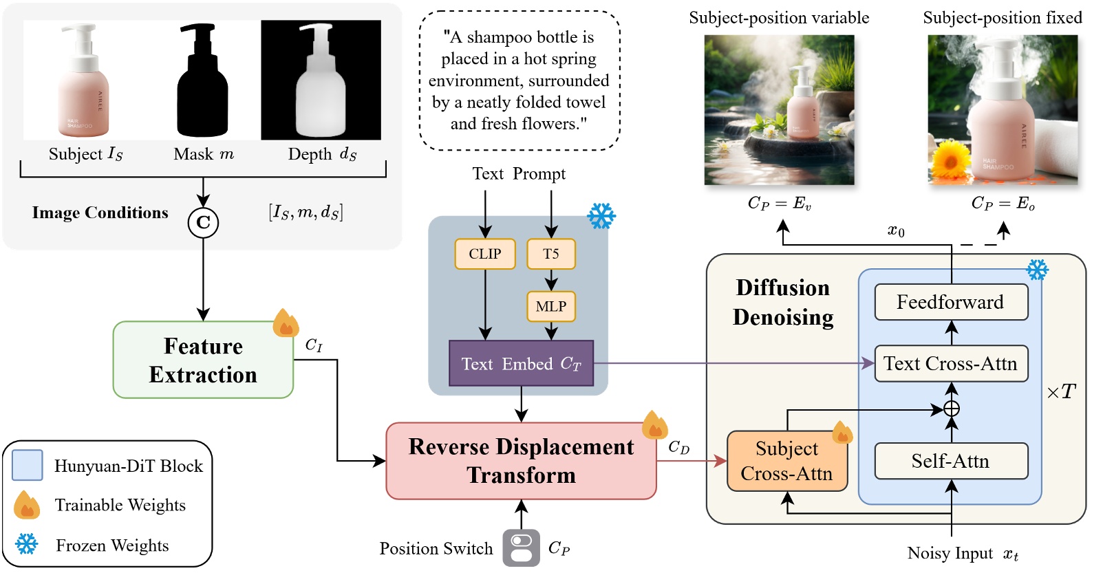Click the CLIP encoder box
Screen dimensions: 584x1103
pos(484,254)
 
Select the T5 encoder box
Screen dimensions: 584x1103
pos(550,254)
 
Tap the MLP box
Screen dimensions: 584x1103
pos(550,306)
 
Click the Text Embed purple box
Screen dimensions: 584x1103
pos(521,363)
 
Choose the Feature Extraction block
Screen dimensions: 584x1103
pos(203,360)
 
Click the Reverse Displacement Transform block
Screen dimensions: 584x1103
pos(521,461)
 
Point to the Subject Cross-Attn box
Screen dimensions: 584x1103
pos(786,461)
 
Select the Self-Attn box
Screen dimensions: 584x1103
pos(950,461)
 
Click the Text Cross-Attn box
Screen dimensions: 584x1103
pos(950,363)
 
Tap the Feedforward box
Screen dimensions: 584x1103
pos(950,302)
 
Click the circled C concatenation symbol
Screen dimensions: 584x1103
pos(203,222)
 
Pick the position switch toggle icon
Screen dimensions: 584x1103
pos(521,548)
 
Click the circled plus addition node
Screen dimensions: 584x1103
pos(952,409)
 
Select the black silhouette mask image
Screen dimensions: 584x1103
pos(202,80)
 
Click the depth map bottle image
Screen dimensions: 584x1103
pos(321,80)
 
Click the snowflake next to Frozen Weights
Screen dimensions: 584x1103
pos(27,544)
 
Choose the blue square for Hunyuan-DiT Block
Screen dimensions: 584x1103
pos(28,465)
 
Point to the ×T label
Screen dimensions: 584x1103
pos(1061,392)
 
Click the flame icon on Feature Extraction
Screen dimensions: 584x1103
pos(285,323)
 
